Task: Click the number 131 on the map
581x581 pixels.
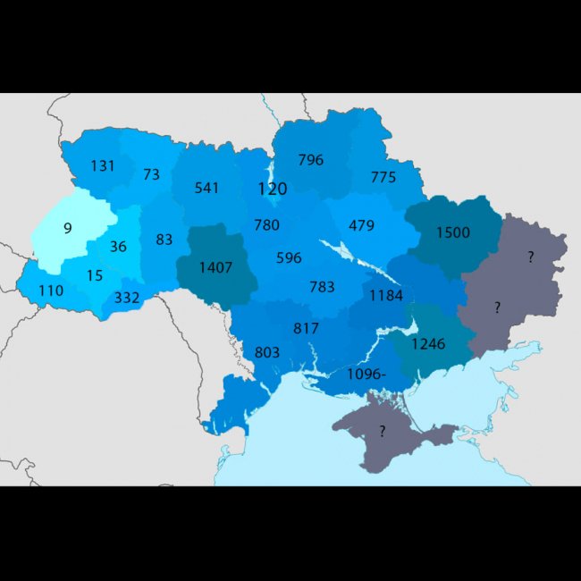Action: click(x=104, y=165)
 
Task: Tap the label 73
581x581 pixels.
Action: click(x=151, y=174)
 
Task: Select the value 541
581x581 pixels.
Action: click(x=206, y=188)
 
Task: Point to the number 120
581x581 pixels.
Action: click(x=272, y=189)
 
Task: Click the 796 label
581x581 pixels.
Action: click(x=311, y=160)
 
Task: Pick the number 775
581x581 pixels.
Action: click(x=383, y=177)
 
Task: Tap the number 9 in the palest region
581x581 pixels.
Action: click(x=67, y=228)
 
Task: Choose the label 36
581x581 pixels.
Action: click(x=118, y=247)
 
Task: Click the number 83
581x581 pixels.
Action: click(x=164, y=240)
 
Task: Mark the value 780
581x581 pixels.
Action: click(x=266, y=225)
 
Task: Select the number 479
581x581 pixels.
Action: click(x=361, y=225)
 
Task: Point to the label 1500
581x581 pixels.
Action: click(x=452, y=232)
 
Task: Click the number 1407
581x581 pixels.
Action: click(x=217, y=267)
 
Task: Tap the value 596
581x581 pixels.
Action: click(x=289, y=257)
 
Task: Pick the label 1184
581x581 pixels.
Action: click(x=386, y=295)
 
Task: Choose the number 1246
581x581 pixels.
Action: click(x=428, y=342)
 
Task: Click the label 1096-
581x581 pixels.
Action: click(x=366, y=374)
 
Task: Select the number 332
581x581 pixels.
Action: click(x=127, y=298)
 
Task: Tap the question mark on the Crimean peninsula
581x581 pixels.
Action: click(x=382, y=431)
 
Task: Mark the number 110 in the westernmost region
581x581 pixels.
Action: click(x=51, y=290)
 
